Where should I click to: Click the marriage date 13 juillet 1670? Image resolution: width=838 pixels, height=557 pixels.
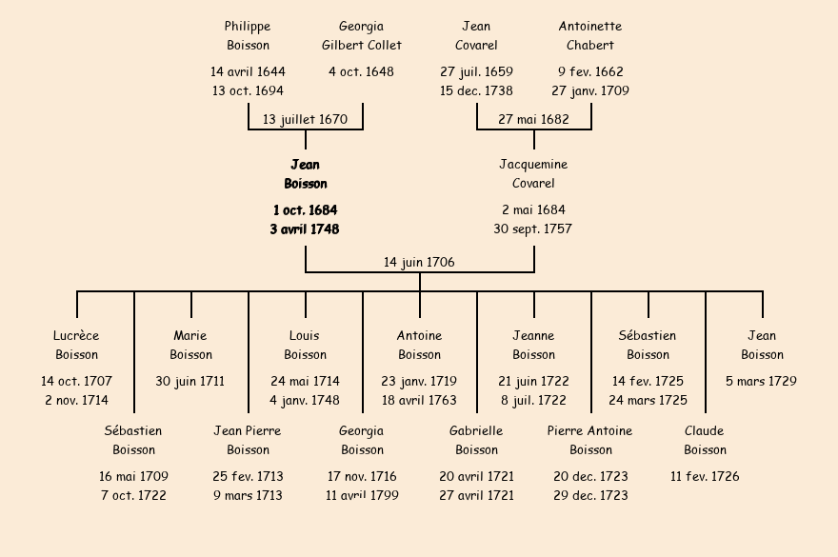[x=305, y=120]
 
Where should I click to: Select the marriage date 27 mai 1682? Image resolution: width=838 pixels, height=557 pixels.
[x=533, y=120]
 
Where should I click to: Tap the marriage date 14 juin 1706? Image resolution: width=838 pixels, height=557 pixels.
[x=419, y=262]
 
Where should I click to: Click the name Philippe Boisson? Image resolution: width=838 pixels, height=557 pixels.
[x=248, y=36]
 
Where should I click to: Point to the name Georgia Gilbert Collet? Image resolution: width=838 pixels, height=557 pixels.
[x=362, y=36]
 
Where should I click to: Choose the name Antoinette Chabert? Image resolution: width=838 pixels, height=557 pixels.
[x=590, y=36]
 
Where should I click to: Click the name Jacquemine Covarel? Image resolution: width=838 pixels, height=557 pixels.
[x=533, y=174]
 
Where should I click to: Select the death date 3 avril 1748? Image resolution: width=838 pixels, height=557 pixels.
[x=305, y=229]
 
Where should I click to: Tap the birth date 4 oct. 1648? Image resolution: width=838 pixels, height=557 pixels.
[x=362, y=72]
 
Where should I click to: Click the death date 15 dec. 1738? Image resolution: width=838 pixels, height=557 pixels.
[x=476, y=91]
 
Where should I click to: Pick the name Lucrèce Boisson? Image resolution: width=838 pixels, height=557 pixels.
[x=76, y=346]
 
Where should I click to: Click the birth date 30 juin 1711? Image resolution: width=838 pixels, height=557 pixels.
[x=190, y=382]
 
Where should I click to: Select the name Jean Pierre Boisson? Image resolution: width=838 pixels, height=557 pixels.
[x=248, y=441]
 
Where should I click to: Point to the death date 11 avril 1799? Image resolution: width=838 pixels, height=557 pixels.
[x=362, y=496]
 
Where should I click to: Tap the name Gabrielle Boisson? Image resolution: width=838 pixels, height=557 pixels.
[x=476, y=441]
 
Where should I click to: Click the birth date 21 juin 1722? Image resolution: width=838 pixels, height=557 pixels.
[x=533, y=382]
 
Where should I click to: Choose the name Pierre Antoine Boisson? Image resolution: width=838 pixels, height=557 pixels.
[x=590, y=441]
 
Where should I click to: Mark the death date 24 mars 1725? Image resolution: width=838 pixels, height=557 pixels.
[x=648, y=401]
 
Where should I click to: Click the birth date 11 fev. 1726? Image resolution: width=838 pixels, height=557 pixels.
[x=705, y=477]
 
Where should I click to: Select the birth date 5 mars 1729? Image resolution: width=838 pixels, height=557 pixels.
[x=762, y=382]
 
